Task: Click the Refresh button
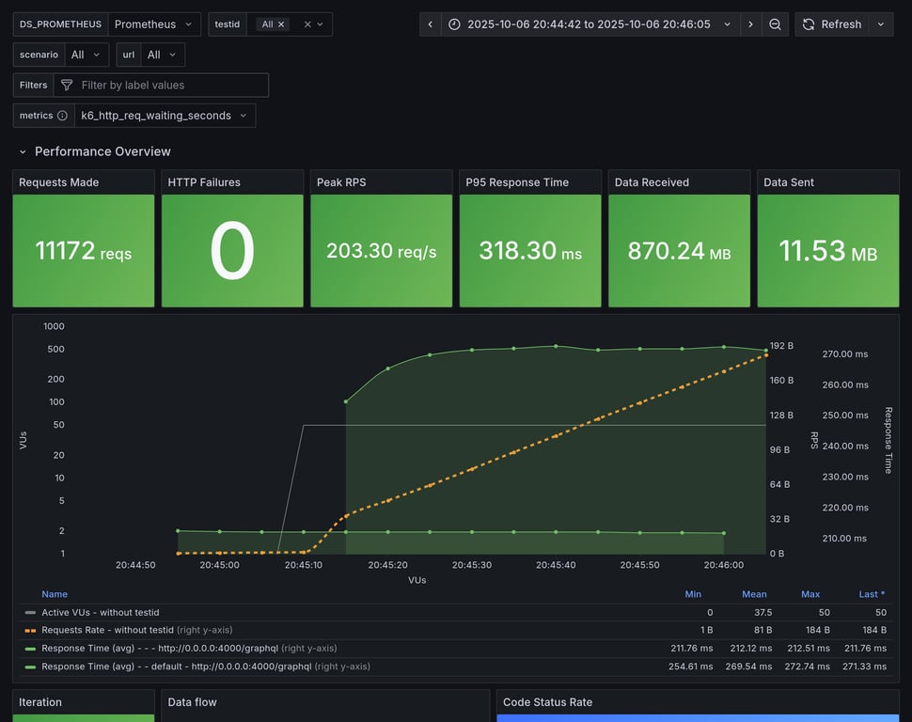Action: (831, 24)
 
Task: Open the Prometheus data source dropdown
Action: (153, 24)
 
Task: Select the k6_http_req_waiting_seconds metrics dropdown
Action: (164, 116)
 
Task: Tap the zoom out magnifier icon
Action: (775, 24)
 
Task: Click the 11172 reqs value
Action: (83, 251)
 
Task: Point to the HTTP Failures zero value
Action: (232, 251)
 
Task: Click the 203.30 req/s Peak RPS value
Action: (381, 251)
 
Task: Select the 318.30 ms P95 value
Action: (530, 251)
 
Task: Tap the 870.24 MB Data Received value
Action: (679, 251)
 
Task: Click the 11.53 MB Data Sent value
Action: (827, 251)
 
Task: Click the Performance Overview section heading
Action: (102, 151)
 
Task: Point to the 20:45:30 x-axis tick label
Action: (472, 566)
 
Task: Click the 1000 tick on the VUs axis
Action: (54, 326)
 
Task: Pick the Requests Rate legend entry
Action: (107, 630)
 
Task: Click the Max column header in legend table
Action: (810, 594)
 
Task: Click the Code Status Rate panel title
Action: (547, 702)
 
